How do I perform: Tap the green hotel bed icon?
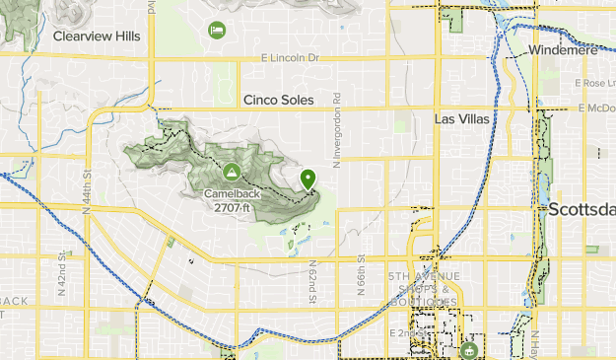pyautogui.click(x=216, y=31)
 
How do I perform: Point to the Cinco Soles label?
pyautogui.click(x=278, y=100)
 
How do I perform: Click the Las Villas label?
pyautogui.click(x=460, y=118)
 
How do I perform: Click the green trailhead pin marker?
pyautogui.click(x=308, y=180)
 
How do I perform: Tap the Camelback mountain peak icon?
pyautogui.click(x=232, y=172)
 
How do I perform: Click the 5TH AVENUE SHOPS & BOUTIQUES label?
pyautogui.click(x=423, y=288)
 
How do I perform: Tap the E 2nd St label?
pyautogui.click(x=405, y=333)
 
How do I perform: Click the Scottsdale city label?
pyautogui.click(x=582, y=209)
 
